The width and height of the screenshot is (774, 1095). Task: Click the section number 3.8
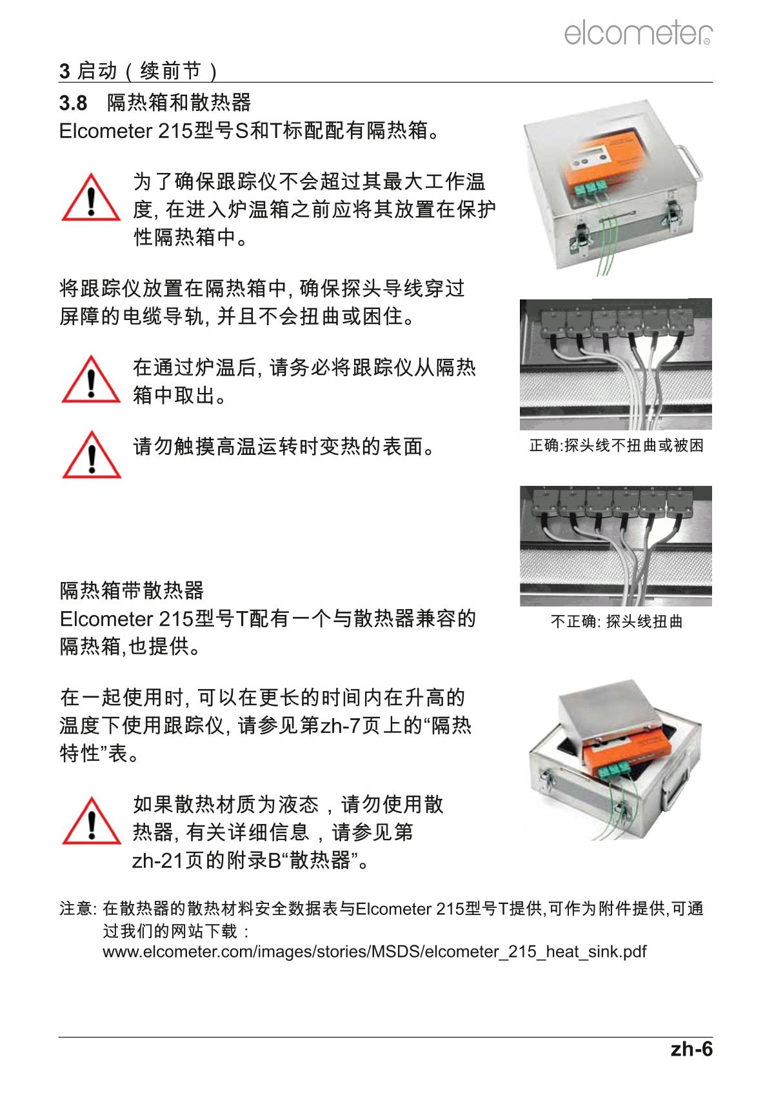click(x=73, y=103)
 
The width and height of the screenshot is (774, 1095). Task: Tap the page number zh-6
click(x=691, y=1049)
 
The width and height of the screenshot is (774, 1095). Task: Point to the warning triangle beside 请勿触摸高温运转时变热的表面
click(x=92, y=454)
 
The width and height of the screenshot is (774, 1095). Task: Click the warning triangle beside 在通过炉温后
click(x=91, y=379)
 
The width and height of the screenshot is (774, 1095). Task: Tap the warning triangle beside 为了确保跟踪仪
click(x=91, y=197)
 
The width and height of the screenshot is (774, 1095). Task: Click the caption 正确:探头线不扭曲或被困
click(x=616, y=445)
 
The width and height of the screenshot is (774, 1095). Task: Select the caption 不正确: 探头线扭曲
click(x=616, y=621)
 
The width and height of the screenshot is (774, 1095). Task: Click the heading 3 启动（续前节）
click(x=138, y=71)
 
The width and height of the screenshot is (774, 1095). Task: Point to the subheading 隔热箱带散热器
click(x=132, y=590)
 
